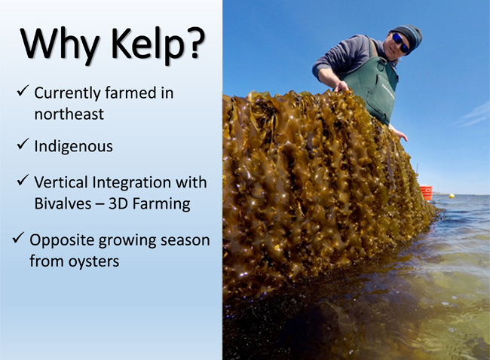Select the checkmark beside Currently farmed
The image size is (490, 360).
point(23,90)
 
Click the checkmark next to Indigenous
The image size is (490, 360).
point(23,144)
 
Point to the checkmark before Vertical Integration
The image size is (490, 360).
point(23,180)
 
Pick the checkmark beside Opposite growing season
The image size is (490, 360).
point(18,238)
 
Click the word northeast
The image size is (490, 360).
point(69,114)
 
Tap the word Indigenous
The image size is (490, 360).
point(73,147)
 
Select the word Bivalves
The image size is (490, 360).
point(63,204)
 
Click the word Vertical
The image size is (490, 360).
point(61,182)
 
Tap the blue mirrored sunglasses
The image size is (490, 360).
point(400,43)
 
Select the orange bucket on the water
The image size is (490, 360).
point(426,193)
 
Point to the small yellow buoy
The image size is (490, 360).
point(452,196)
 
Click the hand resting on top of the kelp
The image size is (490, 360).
point(341,86)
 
